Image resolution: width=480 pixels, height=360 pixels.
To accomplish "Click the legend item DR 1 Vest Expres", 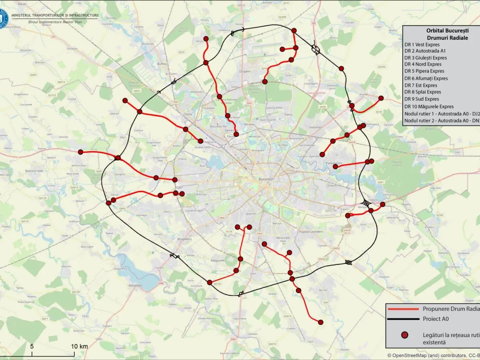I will [422, 44].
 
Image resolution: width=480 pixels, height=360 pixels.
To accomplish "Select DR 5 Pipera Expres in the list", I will [424, 71].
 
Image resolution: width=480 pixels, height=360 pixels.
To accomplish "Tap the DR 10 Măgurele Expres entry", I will [429, 106].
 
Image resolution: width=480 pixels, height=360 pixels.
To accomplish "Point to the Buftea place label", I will [162, 64].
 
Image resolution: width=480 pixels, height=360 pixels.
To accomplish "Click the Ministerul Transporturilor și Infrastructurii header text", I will [55, 15].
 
